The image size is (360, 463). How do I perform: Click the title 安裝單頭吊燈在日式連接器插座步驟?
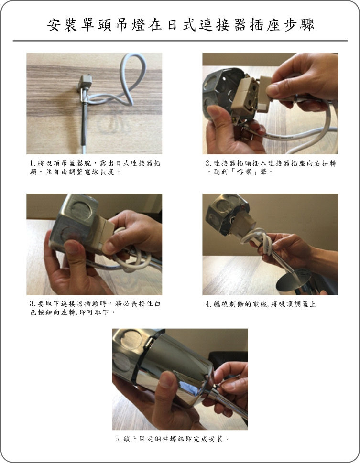tap(181, 24)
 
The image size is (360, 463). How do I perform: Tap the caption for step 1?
tap(95, 167)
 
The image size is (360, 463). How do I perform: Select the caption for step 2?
tap(271, 167)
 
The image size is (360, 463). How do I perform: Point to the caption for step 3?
tap(95, 308)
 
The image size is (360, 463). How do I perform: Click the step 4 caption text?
tap(261, 304)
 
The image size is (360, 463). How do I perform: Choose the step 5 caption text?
tap(172, 439)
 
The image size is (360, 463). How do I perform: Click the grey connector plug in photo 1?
tap(85, 82)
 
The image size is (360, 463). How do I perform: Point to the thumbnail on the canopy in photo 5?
tap(166, 379)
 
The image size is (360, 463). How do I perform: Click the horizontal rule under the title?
tap(180, 41)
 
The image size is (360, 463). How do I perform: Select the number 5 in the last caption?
tap(117, 439)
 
